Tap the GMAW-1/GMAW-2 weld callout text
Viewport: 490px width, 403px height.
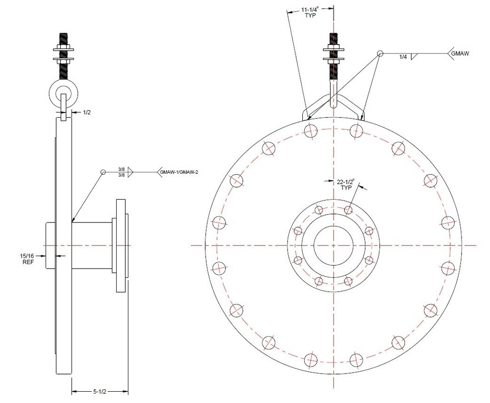(179, 172)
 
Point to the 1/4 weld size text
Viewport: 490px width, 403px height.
(403, 57)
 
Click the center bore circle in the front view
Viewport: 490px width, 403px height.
(333, 244)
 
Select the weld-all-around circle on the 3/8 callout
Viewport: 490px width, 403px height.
(103, 172)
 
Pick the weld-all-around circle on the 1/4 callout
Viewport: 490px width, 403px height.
(380, 53)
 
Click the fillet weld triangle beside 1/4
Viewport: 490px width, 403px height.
(415, 56)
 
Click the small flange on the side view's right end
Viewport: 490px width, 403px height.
(122, 244)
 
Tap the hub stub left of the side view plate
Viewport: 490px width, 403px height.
(50, 245)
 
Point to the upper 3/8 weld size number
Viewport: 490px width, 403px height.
(121, 169)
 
